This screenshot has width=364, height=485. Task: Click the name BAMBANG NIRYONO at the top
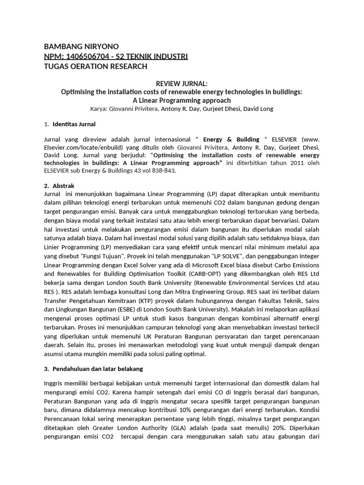click(x=81, y=46)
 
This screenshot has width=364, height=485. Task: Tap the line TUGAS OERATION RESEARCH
click(x=95, y=66)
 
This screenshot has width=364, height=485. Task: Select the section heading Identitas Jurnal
click(x=74, y=124)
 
